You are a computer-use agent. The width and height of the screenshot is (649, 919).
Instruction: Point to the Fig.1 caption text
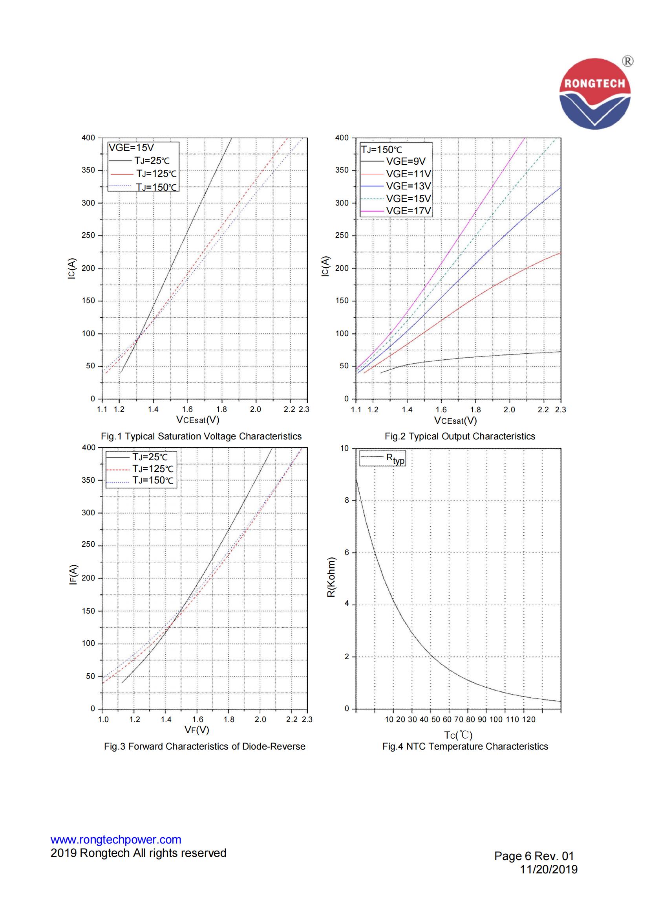pos(201,436)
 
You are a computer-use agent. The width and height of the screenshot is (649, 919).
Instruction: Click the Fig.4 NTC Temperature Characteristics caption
pos(465,746)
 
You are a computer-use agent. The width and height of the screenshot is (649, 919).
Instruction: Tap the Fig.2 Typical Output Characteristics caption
pos(460,436)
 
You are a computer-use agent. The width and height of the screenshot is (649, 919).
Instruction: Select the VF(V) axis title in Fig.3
pos(197,730)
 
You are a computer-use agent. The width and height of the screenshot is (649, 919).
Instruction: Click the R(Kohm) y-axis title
pos(331,577)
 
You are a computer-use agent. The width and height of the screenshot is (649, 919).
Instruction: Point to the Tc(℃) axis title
pos(458,735)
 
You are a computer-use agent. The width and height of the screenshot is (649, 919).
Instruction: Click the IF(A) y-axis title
pos(73,574)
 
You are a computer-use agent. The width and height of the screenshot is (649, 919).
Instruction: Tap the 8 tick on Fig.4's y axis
pos(347,500)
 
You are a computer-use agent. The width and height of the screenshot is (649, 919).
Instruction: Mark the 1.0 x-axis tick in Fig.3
pos(103,719)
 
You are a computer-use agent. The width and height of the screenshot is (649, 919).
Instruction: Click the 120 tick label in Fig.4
pos(528,719)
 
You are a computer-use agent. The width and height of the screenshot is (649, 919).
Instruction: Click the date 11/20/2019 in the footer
pos(548,869)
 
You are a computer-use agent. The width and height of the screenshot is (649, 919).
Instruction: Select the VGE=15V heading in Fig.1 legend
pos(131,148)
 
